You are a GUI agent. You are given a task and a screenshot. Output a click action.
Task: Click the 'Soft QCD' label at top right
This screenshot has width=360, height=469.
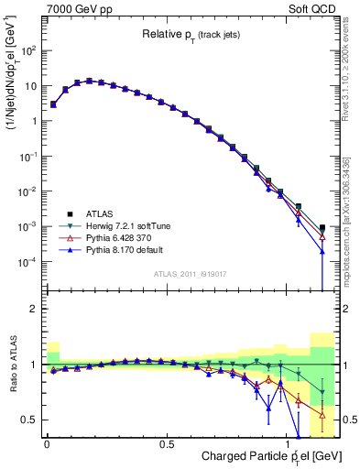(312, 7)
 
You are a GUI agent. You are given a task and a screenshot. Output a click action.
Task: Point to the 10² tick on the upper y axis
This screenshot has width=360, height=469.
(28, 51)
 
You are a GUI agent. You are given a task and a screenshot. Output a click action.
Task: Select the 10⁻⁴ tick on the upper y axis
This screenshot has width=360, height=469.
(28, 262)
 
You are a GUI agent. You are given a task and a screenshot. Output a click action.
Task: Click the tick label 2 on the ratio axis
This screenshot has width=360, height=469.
(34, 310)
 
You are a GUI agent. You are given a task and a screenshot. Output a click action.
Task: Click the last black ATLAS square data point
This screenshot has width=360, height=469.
(322, 227)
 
